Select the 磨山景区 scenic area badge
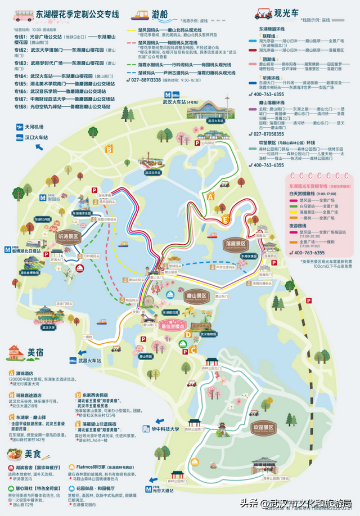point(196,295)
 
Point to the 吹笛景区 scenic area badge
point(265,429)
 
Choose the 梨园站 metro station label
point(54,199)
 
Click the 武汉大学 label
point(49,327)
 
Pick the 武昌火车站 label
point(90,360)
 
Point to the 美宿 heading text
point(35,352)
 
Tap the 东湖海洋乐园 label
point(85,214)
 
